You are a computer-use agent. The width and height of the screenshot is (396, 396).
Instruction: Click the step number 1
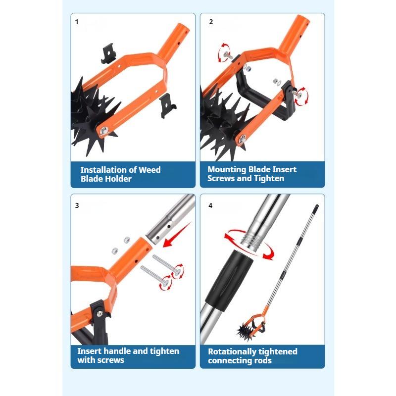click(77, 22)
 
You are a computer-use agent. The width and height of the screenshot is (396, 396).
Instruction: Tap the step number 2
click(211, 22)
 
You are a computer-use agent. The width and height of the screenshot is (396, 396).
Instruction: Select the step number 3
click(77, 205)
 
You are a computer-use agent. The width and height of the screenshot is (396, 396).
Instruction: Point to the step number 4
click(211, 205)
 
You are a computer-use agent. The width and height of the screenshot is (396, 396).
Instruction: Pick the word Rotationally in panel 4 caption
click(232, 352)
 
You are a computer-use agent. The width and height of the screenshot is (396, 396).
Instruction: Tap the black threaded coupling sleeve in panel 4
click(229, 280)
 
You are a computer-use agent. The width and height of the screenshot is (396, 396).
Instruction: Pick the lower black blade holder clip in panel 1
click(167, 105)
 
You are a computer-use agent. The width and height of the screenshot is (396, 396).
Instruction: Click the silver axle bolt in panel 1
click(103, 131)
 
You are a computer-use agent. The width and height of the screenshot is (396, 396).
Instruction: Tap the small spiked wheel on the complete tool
click(245, 331)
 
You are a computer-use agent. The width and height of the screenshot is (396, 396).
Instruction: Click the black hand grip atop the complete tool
click(316, 208)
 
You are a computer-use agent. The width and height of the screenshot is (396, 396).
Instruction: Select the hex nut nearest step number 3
click(115, 251)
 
